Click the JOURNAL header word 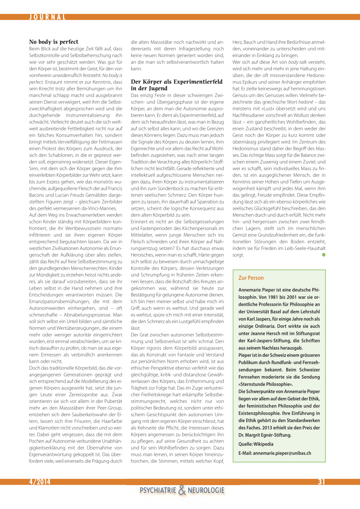47,17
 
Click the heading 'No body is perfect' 54,42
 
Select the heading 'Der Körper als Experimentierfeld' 176,82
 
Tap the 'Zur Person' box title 251,278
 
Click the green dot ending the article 324,255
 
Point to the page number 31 321,482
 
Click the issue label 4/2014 40,482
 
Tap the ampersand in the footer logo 182,490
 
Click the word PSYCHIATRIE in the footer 158,490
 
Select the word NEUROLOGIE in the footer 206,490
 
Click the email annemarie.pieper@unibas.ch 282,453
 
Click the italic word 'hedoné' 306,102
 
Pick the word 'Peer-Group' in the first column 110,408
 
